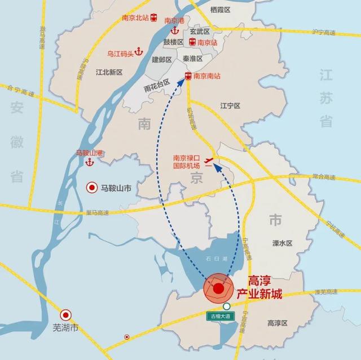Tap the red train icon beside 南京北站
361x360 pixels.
(x=154, y=18)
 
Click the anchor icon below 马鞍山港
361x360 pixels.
(x=89, y=162)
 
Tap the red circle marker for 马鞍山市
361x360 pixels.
(x=91, y=189)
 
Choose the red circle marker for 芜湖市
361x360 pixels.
(x=66, y=315)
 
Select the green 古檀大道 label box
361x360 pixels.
(x=221, y=317)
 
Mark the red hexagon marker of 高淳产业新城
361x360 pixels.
(x=218, y=288)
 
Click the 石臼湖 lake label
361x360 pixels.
(x=217, y=259)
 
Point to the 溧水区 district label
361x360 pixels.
(x=281, y=243)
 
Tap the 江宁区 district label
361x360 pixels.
(x=230, y=106)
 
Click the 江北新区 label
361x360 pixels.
(x=109, y=73)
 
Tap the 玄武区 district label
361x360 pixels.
(x=199, y=32)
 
